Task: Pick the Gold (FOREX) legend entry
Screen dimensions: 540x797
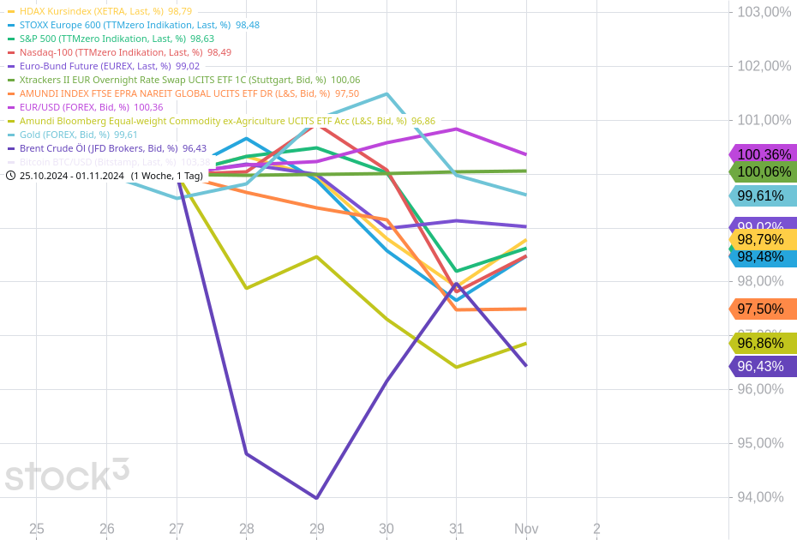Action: (77, 135)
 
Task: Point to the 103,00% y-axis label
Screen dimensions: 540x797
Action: (758, 12)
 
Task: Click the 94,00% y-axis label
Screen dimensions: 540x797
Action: (758, 497)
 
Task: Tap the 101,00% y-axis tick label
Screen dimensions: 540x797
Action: (758, 120)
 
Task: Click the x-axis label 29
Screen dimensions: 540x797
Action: (317, 529)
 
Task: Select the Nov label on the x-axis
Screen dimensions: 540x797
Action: (526, 529)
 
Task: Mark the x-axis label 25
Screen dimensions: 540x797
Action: (36, 529)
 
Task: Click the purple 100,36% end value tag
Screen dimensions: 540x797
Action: (764, 154)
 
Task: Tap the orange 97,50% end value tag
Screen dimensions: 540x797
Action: (764, 309)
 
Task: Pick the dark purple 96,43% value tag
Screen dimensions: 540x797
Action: (764, 366)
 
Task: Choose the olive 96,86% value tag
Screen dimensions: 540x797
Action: (764, 343)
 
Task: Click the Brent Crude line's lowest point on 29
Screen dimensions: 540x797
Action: (317, 498)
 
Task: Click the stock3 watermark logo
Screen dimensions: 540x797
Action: (67, 475)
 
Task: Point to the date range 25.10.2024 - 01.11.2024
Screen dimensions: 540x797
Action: (72, 176)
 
